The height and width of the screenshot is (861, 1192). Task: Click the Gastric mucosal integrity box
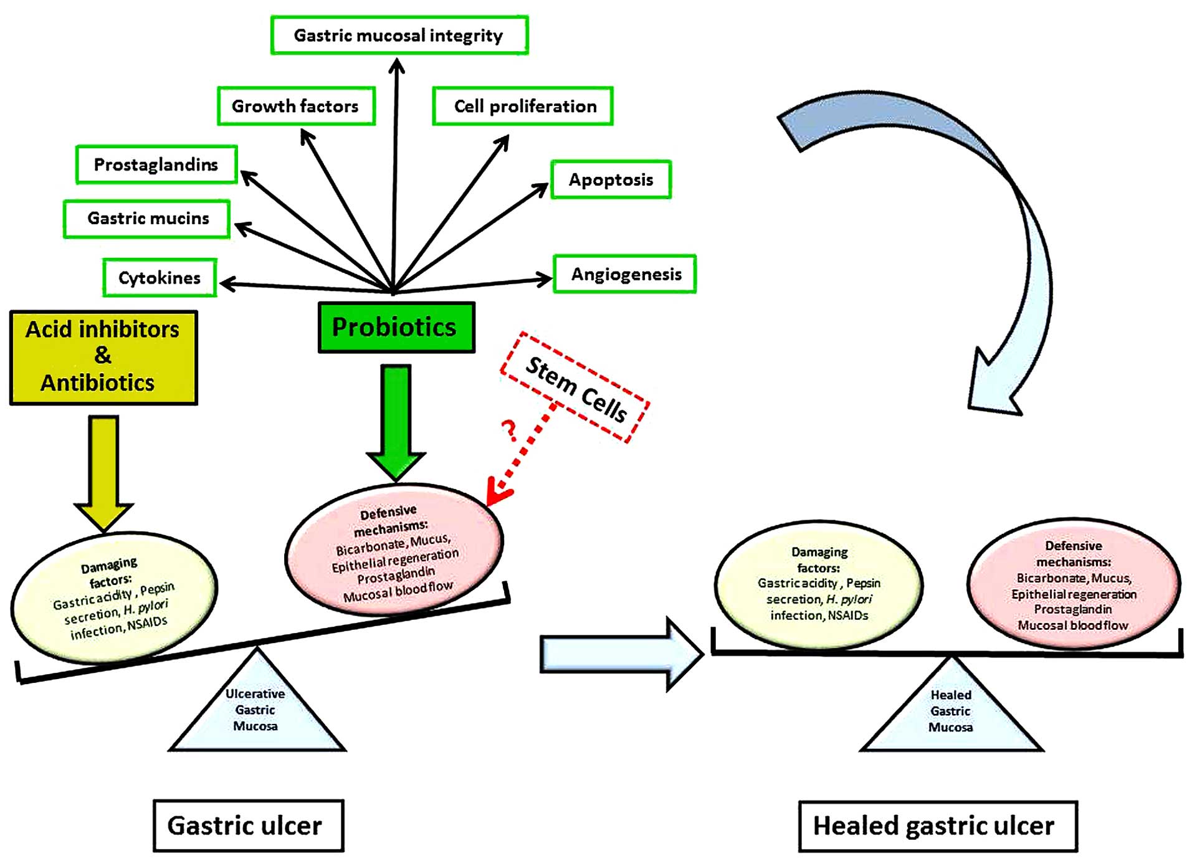pos(399,36)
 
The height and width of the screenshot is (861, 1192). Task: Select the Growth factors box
pos(296,106)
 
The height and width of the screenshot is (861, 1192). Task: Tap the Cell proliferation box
pos(523,106)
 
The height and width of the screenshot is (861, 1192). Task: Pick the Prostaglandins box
pos(156,164)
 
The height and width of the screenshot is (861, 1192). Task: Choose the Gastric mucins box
pos(147,219)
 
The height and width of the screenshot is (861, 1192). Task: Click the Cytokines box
pos(160,278)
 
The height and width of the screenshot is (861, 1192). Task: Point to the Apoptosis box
pos(611,179)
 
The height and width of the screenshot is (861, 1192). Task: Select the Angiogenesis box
pos(625,274)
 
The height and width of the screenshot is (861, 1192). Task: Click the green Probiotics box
pos(396,328)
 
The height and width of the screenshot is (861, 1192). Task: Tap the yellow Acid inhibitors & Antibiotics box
pos(103,358)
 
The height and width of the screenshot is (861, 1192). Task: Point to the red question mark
pos(510,430)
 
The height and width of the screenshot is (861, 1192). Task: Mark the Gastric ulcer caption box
pos(248,825)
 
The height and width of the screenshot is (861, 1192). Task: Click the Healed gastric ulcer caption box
pos(937,826)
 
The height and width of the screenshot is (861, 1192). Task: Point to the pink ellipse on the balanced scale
pos(1074,584)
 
